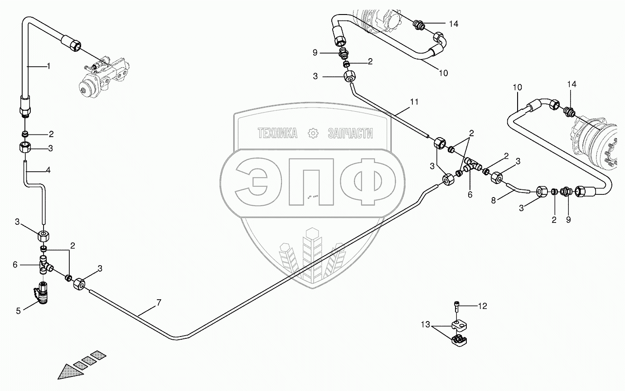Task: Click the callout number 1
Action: coord(48,66)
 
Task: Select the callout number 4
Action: coord(48,171)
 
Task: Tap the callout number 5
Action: coord(19,311)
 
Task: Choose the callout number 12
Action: coord(482,307)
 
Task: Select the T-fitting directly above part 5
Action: coord(45,264)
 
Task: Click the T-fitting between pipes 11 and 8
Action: coord(471,166)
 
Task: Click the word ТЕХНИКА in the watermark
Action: coord(277,133)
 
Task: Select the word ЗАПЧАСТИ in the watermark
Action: coord(350,133)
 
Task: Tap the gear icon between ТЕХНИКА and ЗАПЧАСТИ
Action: coord(312,133)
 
